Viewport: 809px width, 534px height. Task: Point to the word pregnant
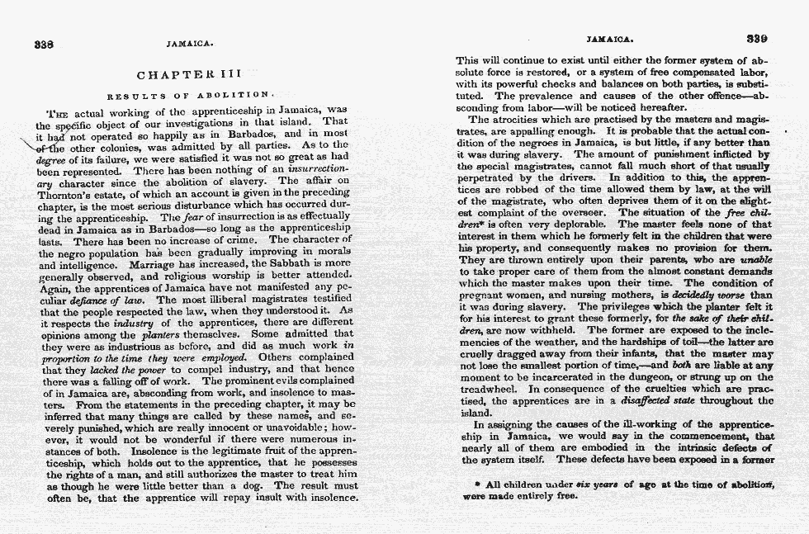tap(483, 295)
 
